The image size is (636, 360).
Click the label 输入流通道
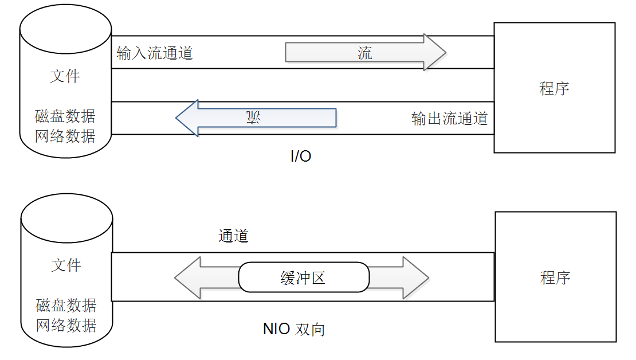click(155, 54)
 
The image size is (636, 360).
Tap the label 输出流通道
click(449, 119)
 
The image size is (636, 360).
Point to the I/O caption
click(300, 156)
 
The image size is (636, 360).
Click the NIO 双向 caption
click(294, 329)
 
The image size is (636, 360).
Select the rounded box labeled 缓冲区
click(304, 278)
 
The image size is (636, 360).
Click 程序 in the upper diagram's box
click(554, 88)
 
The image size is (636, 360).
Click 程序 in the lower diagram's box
click(555, 278)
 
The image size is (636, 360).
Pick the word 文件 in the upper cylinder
click(65, 76)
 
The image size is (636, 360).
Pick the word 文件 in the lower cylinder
click(66, 265)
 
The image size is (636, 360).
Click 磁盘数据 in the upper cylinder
click(65, 116)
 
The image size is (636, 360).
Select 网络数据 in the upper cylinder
click(65, 136)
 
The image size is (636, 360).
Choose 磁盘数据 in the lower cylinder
click(66, 305)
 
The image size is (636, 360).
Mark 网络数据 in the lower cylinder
click(66, 325)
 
